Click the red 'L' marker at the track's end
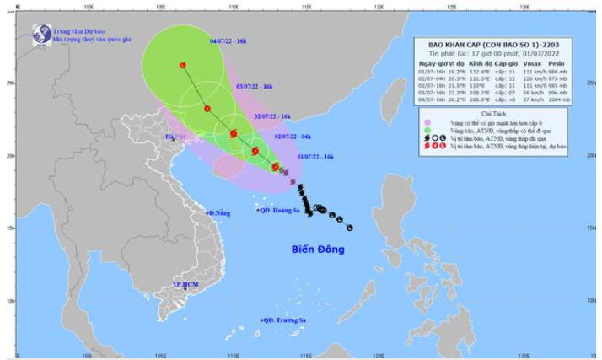point(182,65)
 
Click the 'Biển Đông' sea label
point(318,250)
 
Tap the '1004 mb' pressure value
point(559,99)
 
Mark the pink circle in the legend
point(428,122)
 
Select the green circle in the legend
point(428,130)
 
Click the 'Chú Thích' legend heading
point(493,113)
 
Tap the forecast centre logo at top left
point(41,35)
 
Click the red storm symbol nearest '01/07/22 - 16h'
point(275,167)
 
